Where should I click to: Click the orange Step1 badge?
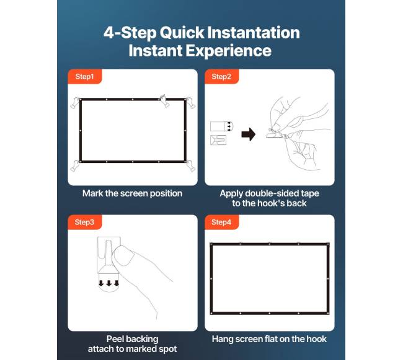[85, 76]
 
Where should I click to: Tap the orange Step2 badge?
[221, 76]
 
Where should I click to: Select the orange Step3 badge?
[85, 222]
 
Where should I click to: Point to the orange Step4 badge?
[221, 222]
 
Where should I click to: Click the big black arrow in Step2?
[249, 134]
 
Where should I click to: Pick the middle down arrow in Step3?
[109, 283]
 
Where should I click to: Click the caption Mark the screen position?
[132, 193]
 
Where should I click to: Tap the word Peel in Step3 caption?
[115, 339]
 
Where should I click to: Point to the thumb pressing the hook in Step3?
[123, 255]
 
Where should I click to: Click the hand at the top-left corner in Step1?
[75, 102]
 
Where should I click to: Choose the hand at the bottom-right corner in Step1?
[190, 165]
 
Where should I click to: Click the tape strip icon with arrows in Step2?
[221, 126]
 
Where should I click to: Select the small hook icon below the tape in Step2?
[218, 140]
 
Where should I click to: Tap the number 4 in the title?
[108, 33]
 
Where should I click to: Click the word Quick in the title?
[182, 33]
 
